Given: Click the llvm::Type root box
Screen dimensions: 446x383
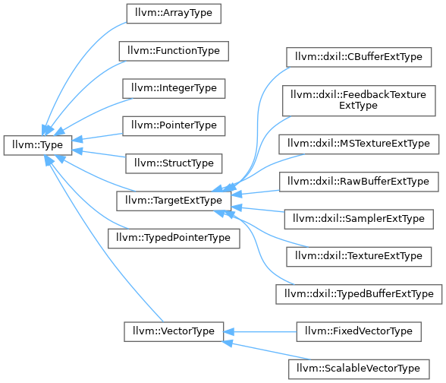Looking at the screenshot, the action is (x=38, y=145).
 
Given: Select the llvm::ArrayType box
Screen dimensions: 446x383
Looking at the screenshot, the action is (x=174, y=14).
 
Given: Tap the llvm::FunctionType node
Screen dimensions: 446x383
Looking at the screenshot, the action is (x=174, y=51).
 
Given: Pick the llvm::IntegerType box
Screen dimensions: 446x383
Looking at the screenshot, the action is (x=174, y=89).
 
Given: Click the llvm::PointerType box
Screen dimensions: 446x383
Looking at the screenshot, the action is (x=174, y=126).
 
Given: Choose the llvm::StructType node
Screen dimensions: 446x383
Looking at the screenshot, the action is (x=174, y=163).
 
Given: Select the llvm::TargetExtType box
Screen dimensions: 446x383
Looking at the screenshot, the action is (x=174, y=201).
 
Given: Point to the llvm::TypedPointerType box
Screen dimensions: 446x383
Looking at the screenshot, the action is (x=174, y=239).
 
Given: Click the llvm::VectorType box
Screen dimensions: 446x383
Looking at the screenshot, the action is (x=174, y=331).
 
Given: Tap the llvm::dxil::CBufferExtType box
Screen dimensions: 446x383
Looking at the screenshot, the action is (x=359, y=57).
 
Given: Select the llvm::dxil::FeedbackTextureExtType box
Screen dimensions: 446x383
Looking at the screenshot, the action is (x=359, y=100).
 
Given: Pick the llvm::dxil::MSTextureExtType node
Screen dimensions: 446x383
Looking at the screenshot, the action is (x=359, y=144).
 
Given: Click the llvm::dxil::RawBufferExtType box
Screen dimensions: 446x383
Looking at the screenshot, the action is (x=359, y=182).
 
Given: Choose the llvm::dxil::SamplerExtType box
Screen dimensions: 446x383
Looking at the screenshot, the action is (x=359, y=219).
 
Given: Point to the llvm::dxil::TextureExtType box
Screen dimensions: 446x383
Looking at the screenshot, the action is (x=359, y=257).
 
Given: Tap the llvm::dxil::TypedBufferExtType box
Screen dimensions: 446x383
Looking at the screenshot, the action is (x=359, y=294).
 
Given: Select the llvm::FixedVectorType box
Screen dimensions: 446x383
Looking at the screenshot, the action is (x=359, y=331).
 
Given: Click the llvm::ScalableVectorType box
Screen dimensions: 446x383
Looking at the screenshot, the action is (x=359, y=369).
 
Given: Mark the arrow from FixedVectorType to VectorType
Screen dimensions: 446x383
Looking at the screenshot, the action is (x=260, y=331).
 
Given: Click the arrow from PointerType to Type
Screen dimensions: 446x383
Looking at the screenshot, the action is (x=97, y=137).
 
